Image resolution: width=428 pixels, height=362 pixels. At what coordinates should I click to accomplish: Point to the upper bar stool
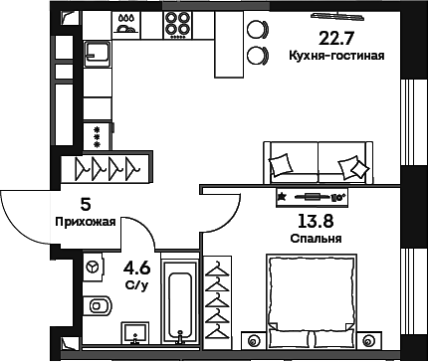click(258, 29)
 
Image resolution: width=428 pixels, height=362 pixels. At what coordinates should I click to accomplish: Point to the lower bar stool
click(258, 54)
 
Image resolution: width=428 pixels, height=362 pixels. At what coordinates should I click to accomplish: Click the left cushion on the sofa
click(283, 162)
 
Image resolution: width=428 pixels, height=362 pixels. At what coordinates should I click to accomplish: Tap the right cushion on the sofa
click(350, 165)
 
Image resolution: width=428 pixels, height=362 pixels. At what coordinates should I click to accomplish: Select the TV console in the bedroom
click(321, 196)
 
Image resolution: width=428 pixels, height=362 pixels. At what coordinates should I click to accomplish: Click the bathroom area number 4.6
click(135, 267)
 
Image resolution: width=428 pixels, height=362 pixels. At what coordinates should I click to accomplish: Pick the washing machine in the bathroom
click(94, 268)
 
